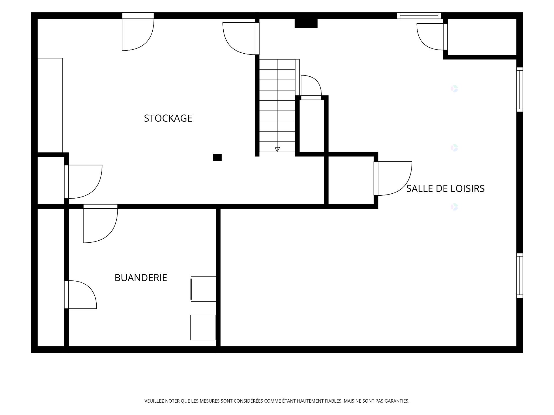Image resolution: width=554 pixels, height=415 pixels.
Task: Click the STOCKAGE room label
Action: click(x=168, y=118)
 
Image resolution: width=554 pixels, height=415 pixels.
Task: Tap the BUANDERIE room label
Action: click(x=141, y=278)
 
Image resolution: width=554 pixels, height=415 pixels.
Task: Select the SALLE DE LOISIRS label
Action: click(x=445, y=188)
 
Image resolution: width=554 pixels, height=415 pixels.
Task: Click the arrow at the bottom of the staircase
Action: click(x=277, y=149)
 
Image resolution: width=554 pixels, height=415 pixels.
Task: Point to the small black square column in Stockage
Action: click(x=217, y=158)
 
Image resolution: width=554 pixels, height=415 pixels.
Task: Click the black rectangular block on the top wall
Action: click(x=306, y=23)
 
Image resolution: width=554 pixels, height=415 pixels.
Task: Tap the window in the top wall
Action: click(x=419, y=16)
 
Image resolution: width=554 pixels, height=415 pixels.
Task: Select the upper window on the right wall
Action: click(x=519, y=89)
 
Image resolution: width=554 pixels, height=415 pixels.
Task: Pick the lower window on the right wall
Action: click(x=519, y=276)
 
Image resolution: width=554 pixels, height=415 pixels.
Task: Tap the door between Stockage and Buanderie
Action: click(x=100, y=224)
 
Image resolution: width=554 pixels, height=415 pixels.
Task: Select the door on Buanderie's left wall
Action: click(x=81, y=295)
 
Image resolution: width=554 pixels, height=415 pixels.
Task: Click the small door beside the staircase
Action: click(x=311, y=87)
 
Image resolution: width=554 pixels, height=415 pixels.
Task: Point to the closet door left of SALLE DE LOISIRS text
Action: click(x=393, y=179)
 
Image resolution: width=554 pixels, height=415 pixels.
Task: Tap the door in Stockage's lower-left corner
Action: click(x=83, y=182)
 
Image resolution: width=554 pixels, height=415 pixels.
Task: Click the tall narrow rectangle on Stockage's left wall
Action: click(x=50, y=105)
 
